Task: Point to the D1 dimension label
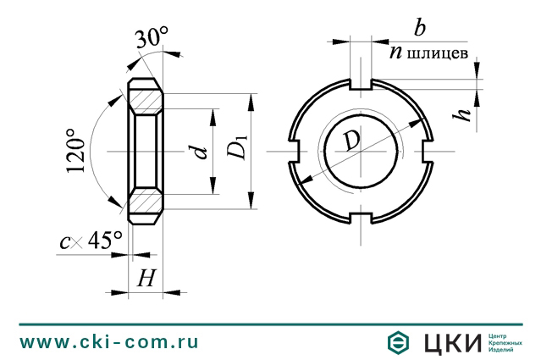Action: [238, 151]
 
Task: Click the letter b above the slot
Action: [418, 28]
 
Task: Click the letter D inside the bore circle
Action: [351, 141]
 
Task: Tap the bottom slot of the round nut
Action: [362, 219]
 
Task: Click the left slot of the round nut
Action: [296, 151]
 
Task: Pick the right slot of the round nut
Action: [428, 151]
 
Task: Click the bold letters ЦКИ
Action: [450, 342]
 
